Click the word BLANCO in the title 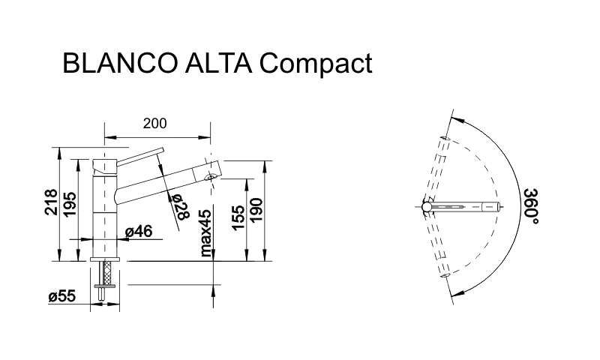pos(120,63)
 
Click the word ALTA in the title pos(218,63)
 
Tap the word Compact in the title pos(316,64)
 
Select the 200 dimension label pos(155,124)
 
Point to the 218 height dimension pos(51,202)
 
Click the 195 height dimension pos(70,205)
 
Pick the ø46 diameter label pos(139,231)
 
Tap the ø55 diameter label pos(62,295)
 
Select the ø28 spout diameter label pos(181,207)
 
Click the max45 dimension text pos(205,232)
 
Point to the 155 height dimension pos(238,217)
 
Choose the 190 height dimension pos(256,210)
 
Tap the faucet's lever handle pos(140,157)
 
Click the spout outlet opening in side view pos(210,177)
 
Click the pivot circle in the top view pos(427,207)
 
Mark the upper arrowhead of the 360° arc pos(457,120)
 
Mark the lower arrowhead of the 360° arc pos(458,293)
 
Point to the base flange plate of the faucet pos(105,259)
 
